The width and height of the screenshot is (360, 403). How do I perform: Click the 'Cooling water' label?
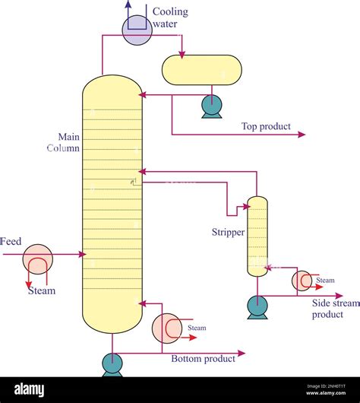[170, 17]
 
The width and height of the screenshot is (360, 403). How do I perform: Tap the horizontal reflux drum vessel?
[202, 70]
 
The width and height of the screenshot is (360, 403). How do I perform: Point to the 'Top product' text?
[266, 126]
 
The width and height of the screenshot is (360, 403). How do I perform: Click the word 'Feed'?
[11, 241]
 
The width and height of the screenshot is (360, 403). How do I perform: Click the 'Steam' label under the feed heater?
[41, 290]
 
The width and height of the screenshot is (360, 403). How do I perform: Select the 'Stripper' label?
[228, 232]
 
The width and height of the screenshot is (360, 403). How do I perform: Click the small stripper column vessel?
[257, 236]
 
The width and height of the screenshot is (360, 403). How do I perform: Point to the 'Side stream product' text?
[334, 309]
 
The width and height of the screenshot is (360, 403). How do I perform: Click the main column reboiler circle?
[166, 328]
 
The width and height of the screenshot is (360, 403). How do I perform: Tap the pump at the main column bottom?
[112, 364]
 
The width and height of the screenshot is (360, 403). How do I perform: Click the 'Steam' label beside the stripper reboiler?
[324, 281]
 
